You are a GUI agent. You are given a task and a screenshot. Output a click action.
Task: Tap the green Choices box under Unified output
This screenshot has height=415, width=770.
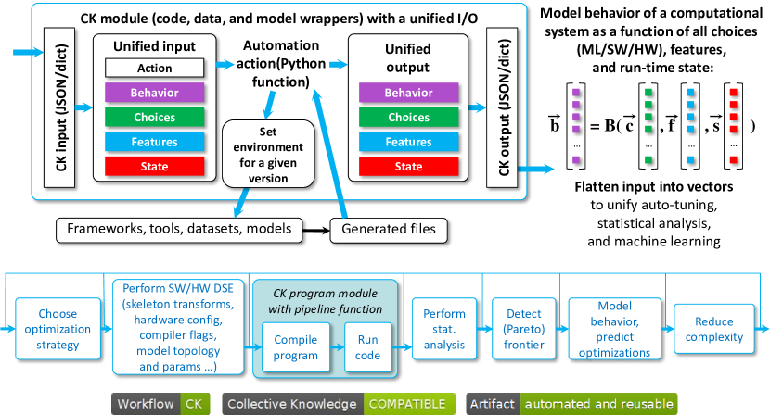pos(408,118)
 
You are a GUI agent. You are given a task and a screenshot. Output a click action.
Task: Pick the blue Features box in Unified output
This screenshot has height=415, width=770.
pos(408,142)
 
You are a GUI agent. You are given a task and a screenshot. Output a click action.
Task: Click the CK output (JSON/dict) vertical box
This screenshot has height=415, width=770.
pos(504,104)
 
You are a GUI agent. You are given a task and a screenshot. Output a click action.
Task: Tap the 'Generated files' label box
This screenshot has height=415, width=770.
pos(383,228)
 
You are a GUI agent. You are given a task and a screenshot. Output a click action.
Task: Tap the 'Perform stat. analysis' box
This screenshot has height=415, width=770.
pos(444,329)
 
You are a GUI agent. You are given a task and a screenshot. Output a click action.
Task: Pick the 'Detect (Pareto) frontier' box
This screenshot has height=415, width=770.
pos(523,329)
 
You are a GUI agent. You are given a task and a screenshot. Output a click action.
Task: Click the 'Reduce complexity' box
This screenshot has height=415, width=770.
pos(714,329)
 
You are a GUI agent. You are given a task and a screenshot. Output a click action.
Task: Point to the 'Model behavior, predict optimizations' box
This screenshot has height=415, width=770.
pos(614,329)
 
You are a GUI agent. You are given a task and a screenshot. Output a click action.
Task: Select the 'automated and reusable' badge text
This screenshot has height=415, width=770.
pos(597,404)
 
